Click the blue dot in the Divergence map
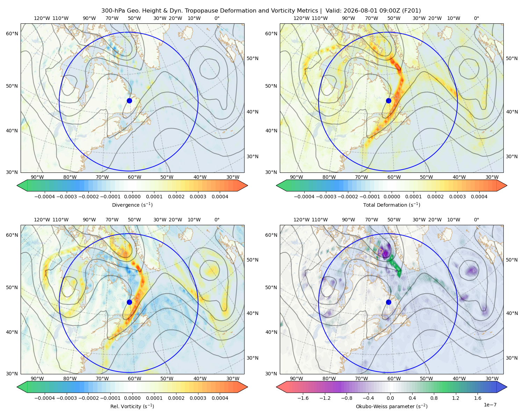point(129,101)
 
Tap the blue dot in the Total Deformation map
point(388,101)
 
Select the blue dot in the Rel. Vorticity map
point(129,302)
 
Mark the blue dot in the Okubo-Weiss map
point(388,302)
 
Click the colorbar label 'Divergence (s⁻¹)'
point(132,205)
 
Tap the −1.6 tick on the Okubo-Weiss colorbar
point(303,398)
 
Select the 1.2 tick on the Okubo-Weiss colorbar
point(456,398)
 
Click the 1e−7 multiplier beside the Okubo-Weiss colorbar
point(490,405)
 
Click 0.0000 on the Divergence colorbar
point(132,197)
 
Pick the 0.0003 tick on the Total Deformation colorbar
point(457,197)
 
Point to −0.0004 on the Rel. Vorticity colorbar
point(45,398)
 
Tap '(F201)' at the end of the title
point(411,11)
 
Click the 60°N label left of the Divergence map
point(12,34)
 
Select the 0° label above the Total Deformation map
point(476,18)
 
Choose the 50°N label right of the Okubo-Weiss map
point(512,260)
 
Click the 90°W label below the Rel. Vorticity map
point(37,378)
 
